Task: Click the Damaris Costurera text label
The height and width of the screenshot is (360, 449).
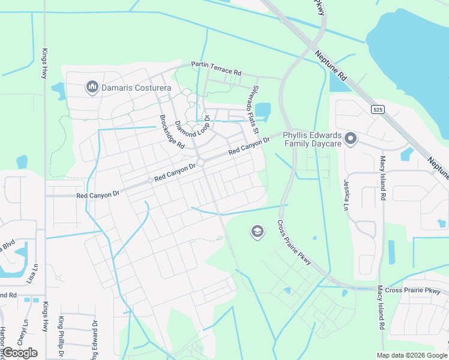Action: pos(136,88)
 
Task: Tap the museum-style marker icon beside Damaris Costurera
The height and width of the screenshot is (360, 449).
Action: pos(92,88)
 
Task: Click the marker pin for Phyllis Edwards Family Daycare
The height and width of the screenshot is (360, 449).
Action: pos(351,139)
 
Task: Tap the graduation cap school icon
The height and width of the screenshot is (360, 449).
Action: pos(258,232)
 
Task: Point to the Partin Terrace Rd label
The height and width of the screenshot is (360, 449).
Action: pos(216,68)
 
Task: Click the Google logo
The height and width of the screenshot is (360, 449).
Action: pos(20,353)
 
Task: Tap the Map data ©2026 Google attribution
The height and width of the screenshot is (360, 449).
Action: pos(411,355)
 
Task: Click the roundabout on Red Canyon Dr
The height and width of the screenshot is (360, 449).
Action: pos(202,163)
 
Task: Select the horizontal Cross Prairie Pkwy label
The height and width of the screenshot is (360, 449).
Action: pos(412,290)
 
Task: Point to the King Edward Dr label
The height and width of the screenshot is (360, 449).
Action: pos(94,339)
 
